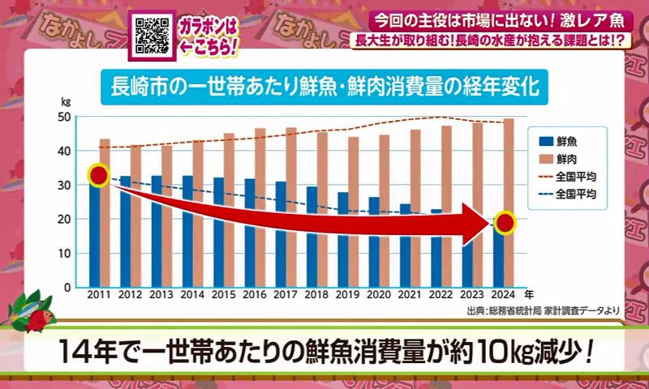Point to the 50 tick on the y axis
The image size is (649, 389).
[x=65, y=117]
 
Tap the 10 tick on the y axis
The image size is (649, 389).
[x=65, y=253]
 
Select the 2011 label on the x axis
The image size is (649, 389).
[x=98, y=297]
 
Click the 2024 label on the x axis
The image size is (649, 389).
[x=503, y=297]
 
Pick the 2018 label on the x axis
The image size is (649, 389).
[x=316, y=297]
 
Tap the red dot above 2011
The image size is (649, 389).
[x=98, y=176]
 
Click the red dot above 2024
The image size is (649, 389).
[x=504, y=222]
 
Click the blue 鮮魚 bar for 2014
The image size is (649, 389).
[x=187, y=231]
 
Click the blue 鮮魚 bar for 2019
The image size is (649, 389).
[x=342, y=239]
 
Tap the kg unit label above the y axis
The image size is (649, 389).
[x=66, y=103]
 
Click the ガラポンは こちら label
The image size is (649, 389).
[x=209, y=36]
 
